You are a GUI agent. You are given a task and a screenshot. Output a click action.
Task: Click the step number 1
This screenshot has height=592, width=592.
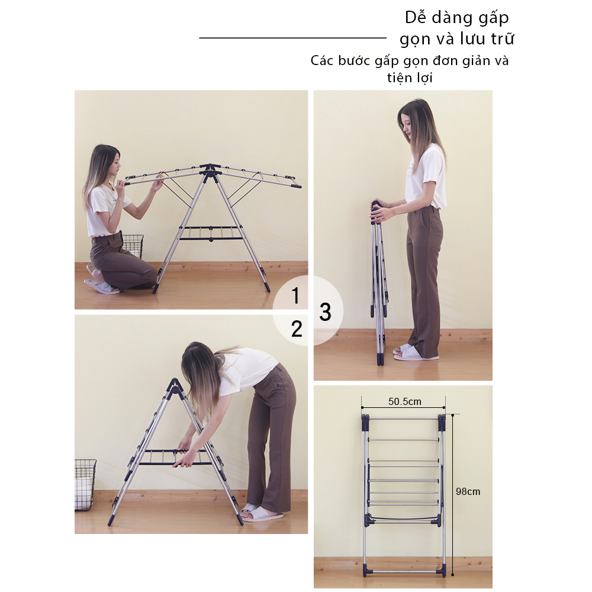point(295,295)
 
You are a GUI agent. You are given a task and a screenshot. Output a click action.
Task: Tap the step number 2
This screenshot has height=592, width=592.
point(297,329)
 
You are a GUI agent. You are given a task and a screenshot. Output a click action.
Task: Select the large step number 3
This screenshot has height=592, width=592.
point(325,312)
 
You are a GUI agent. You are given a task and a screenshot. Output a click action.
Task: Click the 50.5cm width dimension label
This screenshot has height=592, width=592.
point(405,401)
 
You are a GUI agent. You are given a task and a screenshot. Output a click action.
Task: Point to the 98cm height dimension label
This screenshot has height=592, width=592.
point(468,491)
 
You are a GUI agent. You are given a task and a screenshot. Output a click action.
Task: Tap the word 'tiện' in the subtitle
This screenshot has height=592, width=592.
point(399,78)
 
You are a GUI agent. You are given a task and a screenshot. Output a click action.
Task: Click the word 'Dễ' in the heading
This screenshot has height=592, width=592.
point(416,17)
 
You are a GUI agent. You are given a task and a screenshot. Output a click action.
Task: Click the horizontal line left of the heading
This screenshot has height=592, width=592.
point(292,38)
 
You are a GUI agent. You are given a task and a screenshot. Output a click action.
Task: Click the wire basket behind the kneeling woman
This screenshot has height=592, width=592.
point(133,246)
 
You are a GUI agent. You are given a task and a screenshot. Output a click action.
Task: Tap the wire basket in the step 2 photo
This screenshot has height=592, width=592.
point(85,485)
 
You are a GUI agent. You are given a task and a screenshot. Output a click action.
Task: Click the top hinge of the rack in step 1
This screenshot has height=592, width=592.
point(210,169)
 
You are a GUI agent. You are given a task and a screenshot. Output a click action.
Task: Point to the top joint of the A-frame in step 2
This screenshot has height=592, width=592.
point(175,386)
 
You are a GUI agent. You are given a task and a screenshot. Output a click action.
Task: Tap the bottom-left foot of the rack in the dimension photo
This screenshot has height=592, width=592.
point(365,570)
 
